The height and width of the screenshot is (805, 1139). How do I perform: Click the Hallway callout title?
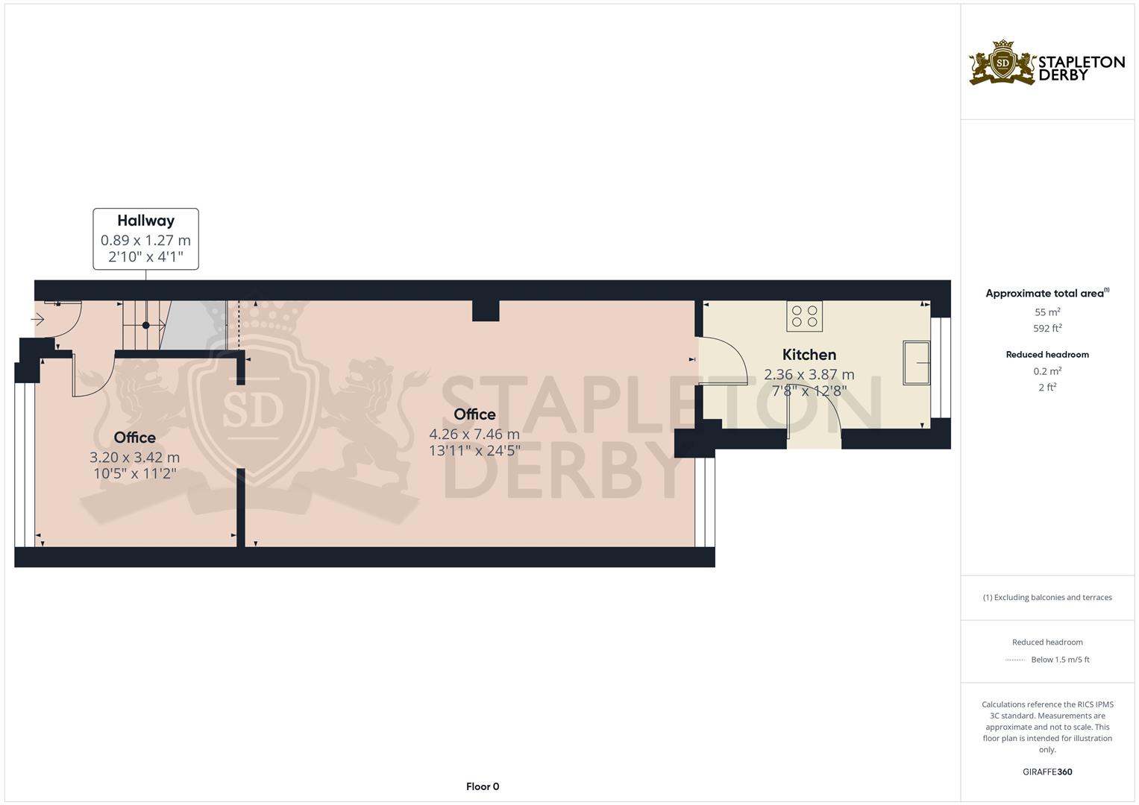pos(145,221)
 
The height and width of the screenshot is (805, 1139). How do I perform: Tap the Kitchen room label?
pos(809,355)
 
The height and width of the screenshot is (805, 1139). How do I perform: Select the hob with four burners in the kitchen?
pos(804,316)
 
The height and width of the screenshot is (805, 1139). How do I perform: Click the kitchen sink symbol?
pos(917,363)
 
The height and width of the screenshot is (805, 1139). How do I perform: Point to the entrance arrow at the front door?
pos(37,320)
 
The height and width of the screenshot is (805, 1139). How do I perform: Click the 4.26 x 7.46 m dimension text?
pos(474,434)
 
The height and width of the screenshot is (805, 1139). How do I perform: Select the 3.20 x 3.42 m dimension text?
pos(134,457)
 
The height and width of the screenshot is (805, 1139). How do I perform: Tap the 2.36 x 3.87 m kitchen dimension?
pos(809,374)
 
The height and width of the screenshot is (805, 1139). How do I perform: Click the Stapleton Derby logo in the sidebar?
pos(1047,63)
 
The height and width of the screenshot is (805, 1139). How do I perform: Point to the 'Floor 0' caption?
pos(482,786)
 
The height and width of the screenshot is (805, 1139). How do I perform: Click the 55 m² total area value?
pos(1047,312)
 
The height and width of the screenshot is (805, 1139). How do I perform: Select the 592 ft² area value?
pos(1047,328)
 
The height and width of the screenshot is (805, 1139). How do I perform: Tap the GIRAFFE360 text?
pos(1047,771)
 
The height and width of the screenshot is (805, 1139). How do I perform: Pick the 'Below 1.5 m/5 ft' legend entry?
pos(1059,660)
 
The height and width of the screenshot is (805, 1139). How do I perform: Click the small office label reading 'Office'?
pos(134,438)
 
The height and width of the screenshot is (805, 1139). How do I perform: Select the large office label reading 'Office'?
pos(474,414)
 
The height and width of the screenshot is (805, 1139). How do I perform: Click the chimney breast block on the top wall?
pos(486,310)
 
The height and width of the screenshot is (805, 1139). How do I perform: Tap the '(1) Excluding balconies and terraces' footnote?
pos(1047,597)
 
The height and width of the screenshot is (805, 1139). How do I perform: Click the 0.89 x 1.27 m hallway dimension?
pos(145,240)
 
